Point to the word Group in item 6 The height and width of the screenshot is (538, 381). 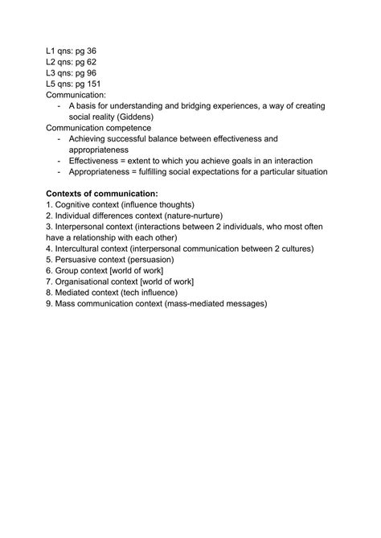68,271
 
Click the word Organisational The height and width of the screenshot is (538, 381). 88,282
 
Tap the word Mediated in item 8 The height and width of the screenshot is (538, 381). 74,293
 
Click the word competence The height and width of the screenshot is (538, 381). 145,127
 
